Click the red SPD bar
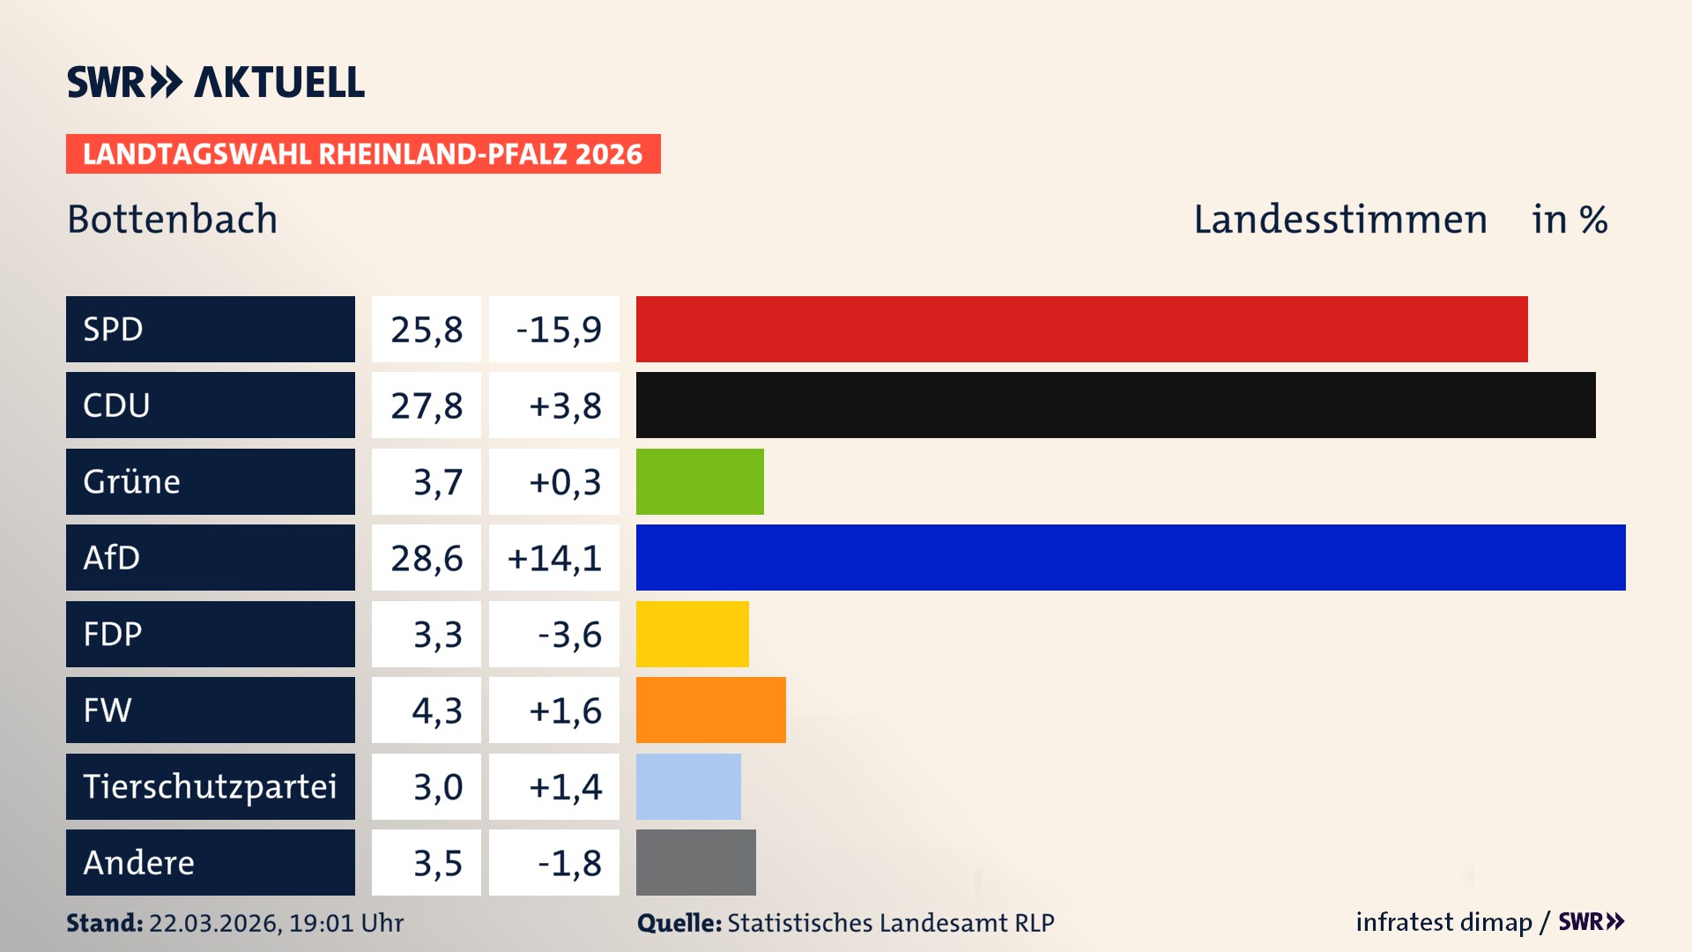(x=1081, y=329)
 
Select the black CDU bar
(x=1115, y=405)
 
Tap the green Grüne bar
(x=700, y=481)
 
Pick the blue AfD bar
(x=1131, y=557)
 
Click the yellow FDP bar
(x=692, y=634)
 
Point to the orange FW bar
(x=710, y=710)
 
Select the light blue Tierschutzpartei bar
(x=688, y=786)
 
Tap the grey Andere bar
(x=695, y=862)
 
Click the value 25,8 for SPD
(x=427, y=330)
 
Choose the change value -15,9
(x=558, y=330)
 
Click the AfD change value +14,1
(x=554, y=558)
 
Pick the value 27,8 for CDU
(x=427, y=405)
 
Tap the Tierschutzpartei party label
(x=210, y=786)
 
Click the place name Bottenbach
(x=172, y=219)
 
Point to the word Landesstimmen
(x=1339, y=219)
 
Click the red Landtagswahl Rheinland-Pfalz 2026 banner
(x=363, y=154)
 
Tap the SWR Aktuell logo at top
(x=216, y=82)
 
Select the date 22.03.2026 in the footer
(x=214, y=923)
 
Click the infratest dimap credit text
(x=1443, y=922)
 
